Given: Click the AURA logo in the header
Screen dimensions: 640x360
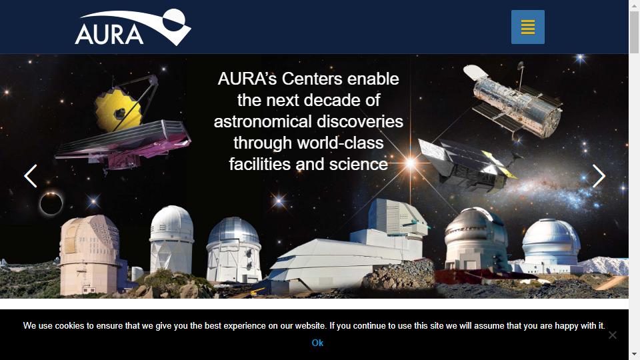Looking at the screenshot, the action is point(133,27).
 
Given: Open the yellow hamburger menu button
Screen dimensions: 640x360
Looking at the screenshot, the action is point(528,27).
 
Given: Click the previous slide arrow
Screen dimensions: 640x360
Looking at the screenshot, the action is point(31,176).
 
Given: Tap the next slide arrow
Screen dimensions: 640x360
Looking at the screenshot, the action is point(599,176).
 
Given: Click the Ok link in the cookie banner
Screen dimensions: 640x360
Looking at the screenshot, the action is point(317,343).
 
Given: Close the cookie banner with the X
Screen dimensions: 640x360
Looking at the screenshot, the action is point(612,335).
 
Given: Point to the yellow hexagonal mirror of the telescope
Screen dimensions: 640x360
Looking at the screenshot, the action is point(118,110).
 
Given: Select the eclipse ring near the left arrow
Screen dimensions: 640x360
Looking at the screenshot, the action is point(51,203).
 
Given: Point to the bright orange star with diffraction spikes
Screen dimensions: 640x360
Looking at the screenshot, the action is point(410,163).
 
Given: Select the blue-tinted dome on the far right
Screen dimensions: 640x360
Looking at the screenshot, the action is point(551,244).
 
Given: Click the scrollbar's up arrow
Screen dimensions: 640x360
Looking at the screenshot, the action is point(634,5).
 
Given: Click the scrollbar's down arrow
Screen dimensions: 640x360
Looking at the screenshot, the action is point(634,355).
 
